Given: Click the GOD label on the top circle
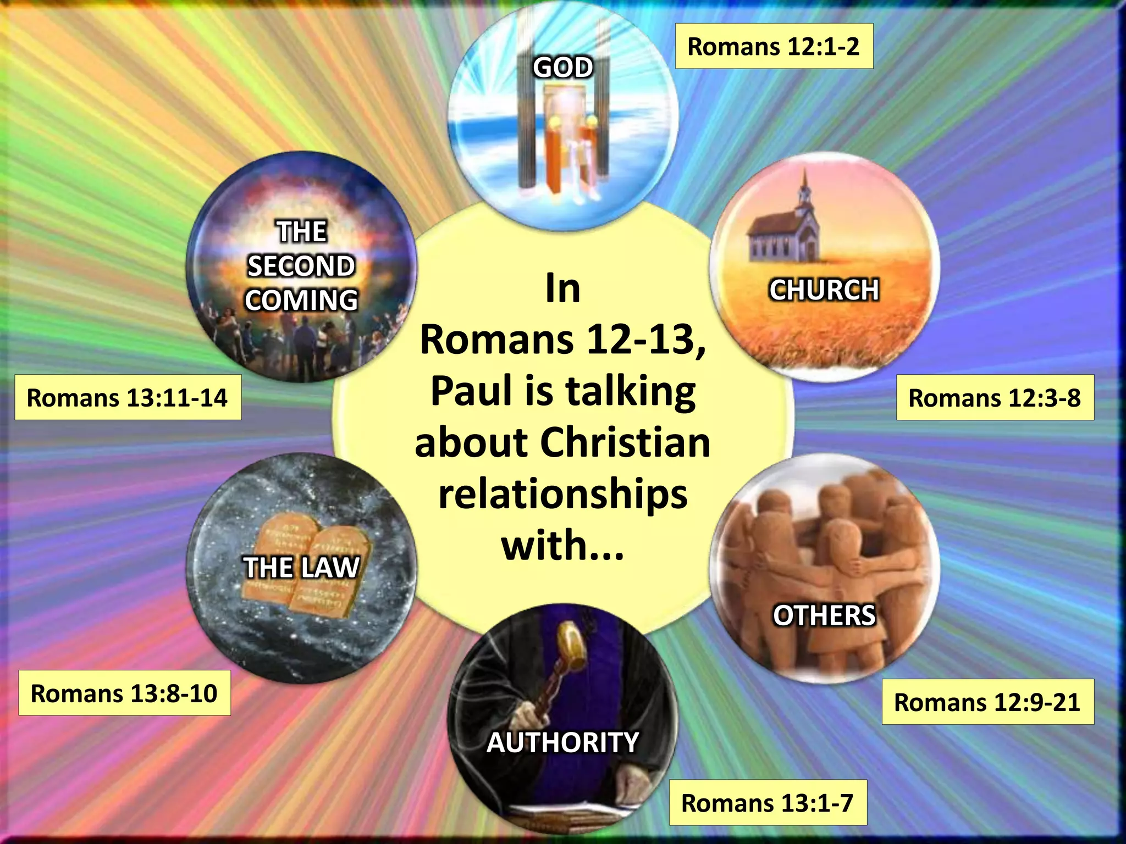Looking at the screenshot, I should pyautogui.click(x=563, y=68).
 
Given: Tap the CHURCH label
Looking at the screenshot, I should pyautogui.click(x=824, y=290).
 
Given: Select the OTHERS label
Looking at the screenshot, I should pyautogui.click(x=824, y=615).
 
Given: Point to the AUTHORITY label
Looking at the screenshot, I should pyautogui.click(x=563, y=742).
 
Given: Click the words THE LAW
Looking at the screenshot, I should pyautogui.click(x=302, y=568).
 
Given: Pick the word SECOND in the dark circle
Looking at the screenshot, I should pyautogui.click(x=301, y=266).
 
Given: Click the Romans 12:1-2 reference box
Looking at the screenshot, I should pyautogui.click(x=774, y=46).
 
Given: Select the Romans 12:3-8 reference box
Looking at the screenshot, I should pyautogui.click(x=995, y=398).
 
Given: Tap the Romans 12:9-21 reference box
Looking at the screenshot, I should pyautogui.click(x=987, y=702).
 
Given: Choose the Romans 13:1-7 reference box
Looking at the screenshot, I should pyautogui.click(x=768, y=803).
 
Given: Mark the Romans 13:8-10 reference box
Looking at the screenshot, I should pyautogui.click(x=124, y=693).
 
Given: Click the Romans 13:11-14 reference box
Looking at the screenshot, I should pyautogui.click(x=128, y=398).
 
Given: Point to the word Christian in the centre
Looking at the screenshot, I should pyautogui.click(x=626, y=443).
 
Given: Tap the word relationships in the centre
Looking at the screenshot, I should pyautogui.click(x=563, y=494).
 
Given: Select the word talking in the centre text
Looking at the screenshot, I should pyautogui.click(x=631, y=391).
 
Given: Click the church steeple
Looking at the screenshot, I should pyautogui.click(x=805, y=190).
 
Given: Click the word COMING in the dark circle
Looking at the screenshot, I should pyautogui.click(x=301, y=300).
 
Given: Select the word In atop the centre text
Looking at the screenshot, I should pyautogui.click(x=563, y=288).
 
